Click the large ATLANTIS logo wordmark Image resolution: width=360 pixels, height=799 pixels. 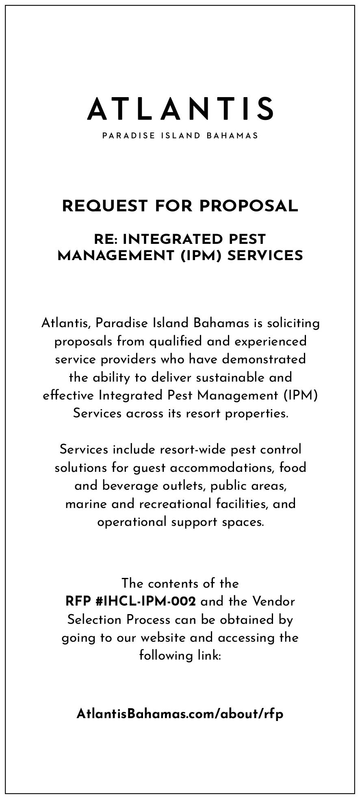180,109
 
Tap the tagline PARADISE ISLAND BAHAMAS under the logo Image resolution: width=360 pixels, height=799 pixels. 180,136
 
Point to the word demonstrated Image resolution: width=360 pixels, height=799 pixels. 264,359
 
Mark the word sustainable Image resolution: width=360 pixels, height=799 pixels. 230,378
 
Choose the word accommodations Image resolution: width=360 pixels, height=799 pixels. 223,468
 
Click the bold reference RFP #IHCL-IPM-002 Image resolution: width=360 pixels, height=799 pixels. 130,601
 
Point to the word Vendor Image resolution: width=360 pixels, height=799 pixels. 273,601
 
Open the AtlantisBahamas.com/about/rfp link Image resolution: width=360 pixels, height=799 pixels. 180,714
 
